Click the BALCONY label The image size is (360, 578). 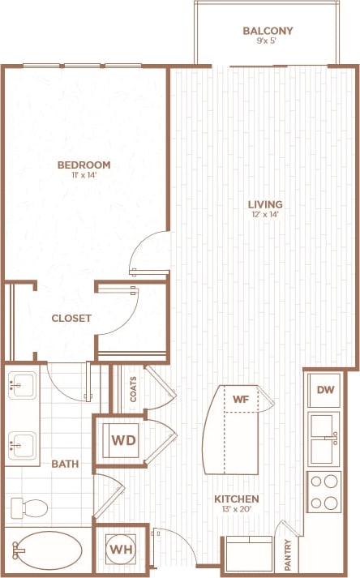point(268,32)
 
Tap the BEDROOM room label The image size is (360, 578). point(84,165)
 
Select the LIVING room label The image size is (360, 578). point(265,203)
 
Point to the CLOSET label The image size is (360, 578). point(71,319)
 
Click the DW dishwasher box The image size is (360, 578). point(326,391)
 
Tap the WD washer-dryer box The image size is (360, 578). point(122,440)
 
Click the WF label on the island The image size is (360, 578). point(240,398)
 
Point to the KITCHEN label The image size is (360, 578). point(236,499)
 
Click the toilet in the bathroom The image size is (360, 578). point(32,507)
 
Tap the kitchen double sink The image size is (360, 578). point(324,438)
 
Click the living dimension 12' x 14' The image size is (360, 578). point(265,216)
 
